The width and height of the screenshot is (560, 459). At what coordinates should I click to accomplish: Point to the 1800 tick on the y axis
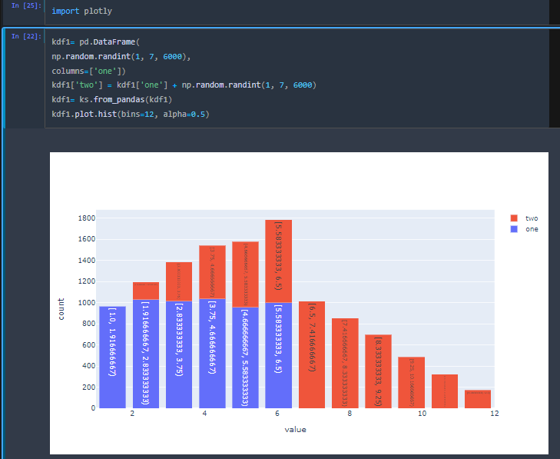click(85, 218)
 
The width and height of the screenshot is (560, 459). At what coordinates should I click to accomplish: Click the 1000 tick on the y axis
click(85, 303)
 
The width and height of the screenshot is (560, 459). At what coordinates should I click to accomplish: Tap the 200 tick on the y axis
click(88, 387)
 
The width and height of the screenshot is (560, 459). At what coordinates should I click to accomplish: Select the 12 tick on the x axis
click(494, 414)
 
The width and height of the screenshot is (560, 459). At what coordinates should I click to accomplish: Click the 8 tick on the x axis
click(350, 414)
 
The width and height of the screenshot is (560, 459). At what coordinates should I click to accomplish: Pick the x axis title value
click(295, 429)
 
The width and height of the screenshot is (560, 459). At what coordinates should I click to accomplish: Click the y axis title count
click(61, 309)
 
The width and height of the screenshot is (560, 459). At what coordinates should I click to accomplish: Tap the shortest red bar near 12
click(478, 398)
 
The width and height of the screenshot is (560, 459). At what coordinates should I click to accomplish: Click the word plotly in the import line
click(98, 12)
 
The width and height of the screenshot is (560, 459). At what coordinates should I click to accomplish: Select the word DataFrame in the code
click(112, 42)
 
